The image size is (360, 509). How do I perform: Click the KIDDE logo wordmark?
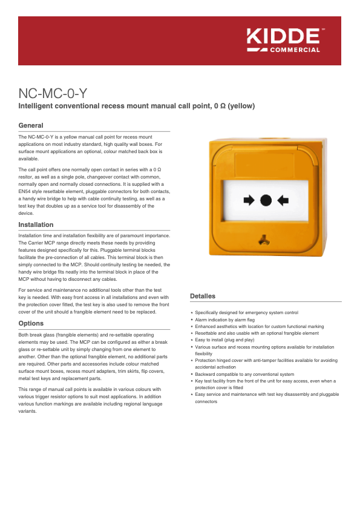[283, 36]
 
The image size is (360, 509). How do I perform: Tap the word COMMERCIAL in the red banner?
[294, 50]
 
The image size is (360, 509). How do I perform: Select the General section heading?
[31, 125]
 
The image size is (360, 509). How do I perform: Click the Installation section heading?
[36, 225]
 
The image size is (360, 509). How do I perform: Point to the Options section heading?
[31, 323]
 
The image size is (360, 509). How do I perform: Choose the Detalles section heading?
[203, 296]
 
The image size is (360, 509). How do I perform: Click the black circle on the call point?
[266, 200]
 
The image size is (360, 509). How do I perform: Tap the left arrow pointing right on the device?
[249, 200]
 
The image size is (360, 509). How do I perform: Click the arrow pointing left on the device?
[283, 200]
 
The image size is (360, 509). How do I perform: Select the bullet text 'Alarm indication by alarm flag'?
[224, 320]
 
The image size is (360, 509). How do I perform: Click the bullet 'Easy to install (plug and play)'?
[224, 340]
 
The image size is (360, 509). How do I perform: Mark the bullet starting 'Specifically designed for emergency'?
[246, 313]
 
